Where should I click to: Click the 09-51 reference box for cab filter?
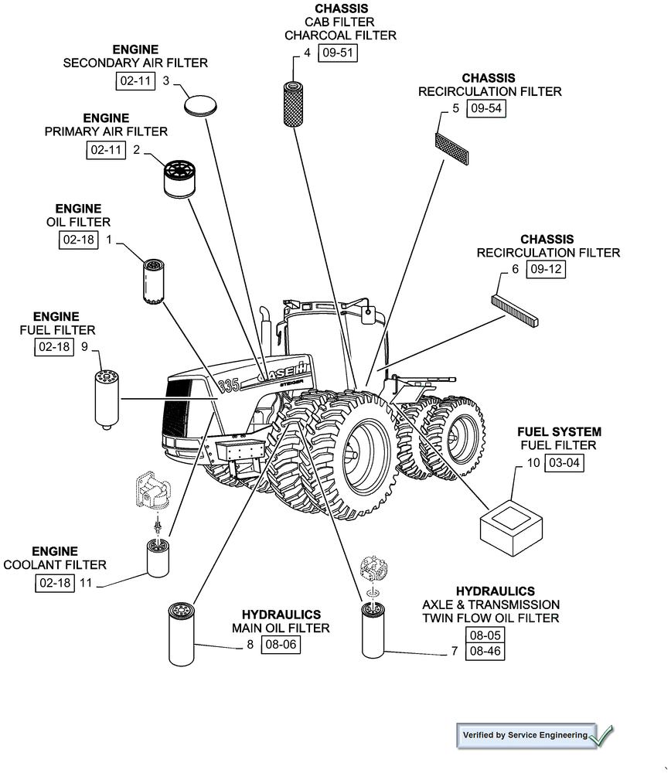coord(338,53)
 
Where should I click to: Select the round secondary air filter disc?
coord(199,105)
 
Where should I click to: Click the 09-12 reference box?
coord(546,270)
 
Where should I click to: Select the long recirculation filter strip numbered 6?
coord(516,309)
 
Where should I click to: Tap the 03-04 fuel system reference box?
coord(565,463)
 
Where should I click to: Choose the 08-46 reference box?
coord(485,652)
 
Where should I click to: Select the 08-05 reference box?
coord(485,635)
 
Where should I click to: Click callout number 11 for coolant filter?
coord(85,584)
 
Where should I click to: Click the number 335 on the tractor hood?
coord(230,385)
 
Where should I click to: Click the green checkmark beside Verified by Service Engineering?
coord(601,734)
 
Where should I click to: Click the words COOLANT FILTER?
coord(55,565)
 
